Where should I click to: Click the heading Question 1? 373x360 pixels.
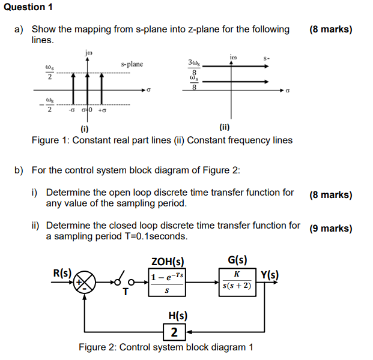tap(27, 7)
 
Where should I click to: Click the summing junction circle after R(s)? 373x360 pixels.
tap(85, 281)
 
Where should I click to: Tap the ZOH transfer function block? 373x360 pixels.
tap(167, 283)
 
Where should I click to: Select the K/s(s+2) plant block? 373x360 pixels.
tap(237, 281)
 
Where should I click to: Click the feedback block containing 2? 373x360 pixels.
tap(174, 332)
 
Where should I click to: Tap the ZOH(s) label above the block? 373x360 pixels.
tap(167, 261)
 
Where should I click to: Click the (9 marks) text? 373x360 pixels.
tap(330, 228)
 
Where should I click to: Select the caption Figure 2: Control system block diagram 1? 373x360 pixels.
tap(166, 347)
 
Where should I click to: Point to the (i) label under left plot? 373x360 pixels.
tap(84, 128)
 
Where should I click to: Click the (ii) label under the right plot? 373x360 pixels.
tap(225, 127)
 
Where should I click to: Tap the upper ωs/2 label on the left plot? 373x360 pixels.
tap(49, 72)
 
